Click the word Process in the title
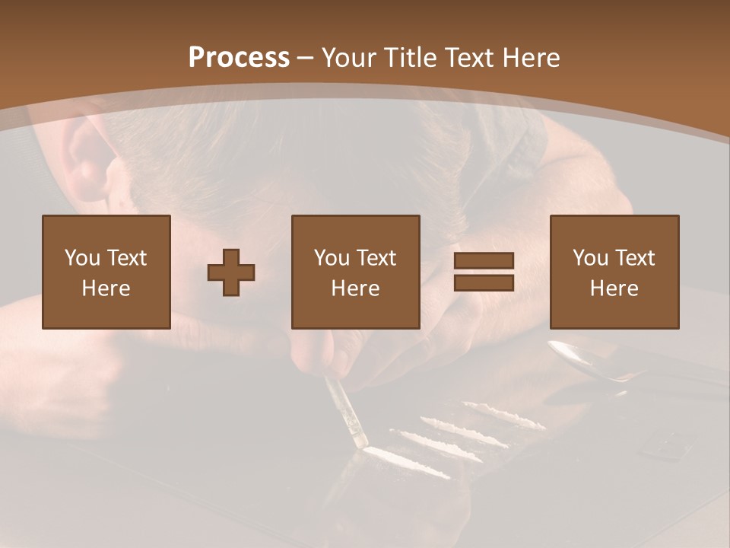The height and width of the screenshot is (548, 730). coord(239,58)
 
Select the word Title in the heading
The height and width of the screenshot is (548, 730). coord(411,58)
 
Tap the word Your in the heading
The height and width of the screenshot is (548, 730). coord(351,58)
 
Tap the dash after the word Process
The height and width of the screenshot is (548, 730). coord(306,59)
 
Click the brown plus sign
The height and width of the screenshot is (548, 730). coord(231,272)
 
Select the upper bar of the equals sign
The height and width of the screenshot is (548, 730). coord(484,261)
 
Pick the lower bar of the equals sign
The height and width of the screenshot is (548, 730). coord(484,282)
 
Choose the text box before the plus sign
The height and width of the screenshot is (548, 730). coord(106,272)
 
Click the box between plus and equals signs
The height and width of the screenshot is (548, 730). coord(356,272)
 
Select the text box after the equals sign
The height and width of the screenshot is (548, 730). coord(614,272)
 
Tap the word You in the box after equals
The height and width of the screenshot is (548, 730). coord(590,258)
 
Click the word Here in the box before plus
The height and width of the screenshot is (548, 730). coord(106,288)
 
